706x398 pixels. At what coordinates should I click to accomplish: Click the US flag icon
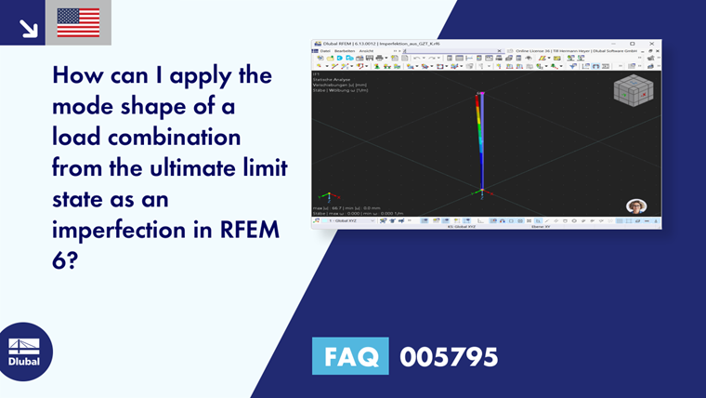click(x=78, y=22)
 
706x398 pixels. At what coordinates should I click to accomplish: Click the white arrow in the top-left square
click(x=28, y=28)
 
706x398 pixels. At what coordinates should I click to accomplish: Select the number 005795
click(x=449, y=356)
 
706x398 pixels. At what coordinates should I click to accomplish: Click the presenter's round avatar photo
click(x=635, y=206)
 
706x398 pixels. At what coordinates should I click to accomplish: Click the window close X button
click(x=654, y=44)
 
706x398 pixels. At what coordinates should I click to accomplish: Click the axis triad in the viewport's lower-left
click(x=325, y=197)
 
